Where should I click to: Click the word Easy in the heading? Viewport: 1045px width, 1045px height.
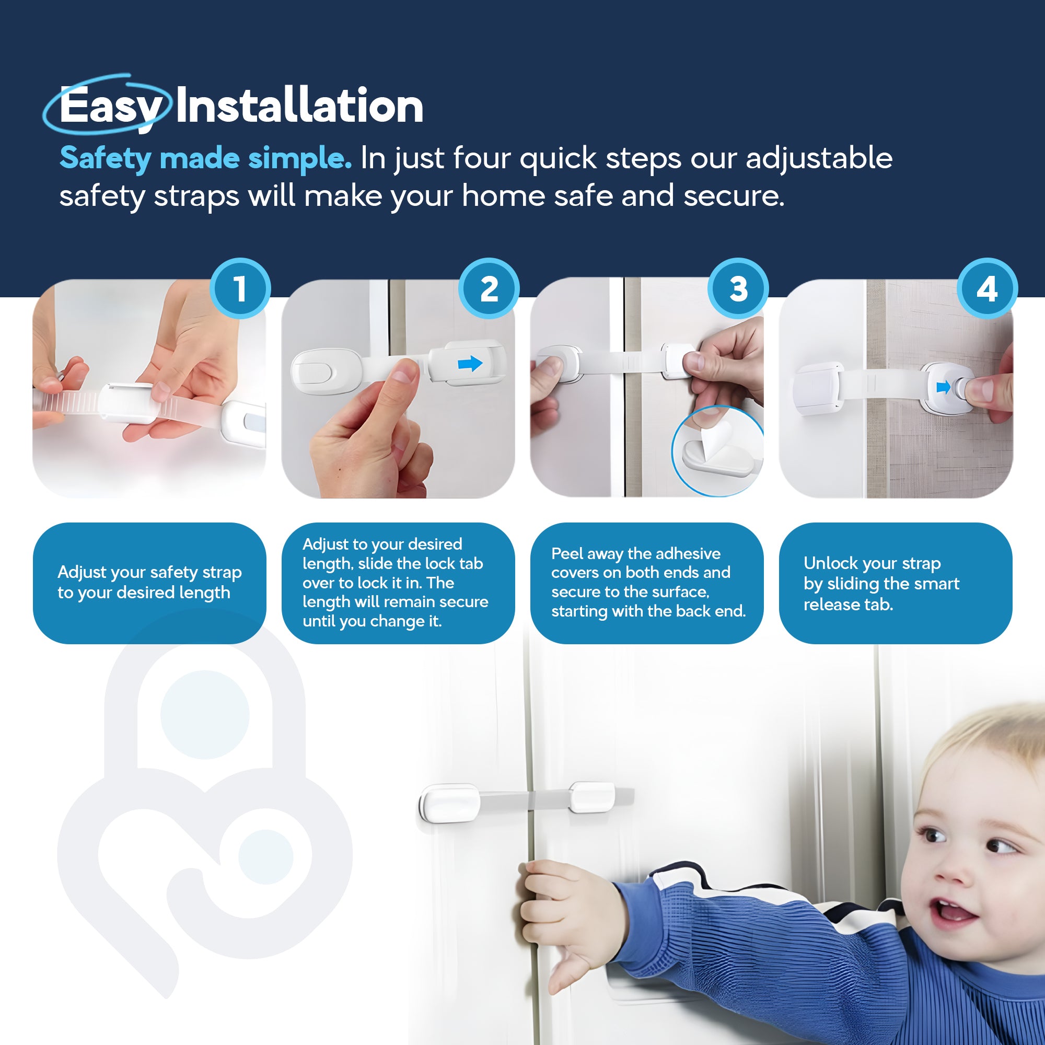[x=111, y=107]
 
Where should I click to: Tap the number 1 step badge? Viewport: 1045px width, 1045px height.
[x=240, y=288]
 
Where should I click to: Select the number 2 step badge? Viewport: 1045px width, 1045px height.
[x=489, y=288]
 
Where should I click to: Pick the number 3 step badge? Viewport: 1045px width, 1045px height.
[x=738, y=288]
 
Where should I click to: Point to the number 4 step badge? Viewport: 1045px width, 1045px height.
[x=987, y=288]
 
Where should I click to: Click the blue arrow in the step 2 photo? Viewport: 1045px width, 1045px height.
[x=470, y=364]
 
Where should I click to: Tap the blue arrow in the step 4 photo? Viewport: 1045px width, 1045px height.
[x=943, y=387]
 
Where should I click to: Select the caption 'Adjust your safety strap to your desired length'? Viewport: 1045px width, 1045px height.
[x=149, y=583]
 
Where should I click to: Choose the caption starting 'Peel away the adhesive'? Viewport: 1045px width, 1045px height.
[x=647, y=583]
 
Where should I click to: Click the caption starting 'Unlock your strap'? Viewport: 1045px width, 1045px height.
[x=881, y=584]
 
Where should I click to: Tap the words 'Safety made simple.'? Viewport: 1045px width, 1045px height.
[x=205, y=158]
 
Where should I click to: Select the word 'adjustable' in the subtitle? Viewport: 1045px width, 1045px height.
[x=819, y=158]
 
